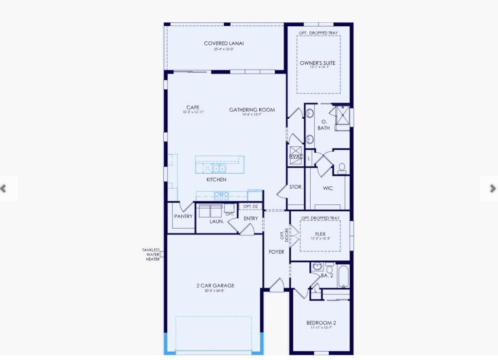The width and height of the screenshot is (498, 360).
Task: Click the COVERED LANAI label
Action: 224,43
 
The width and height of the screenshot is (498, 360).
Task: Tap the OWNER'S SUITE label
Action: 317,63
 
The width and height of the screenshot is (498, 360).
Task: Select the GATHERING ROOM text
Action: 252,110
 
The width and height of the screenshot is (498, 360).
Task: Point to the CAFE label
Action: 193,108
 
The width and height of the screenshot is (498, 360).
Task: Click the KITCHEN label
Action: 216,180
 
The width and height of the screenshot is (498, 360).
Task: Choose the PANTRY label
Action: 183,216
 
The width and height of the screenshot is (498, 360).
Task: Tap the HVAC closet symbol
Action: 296,153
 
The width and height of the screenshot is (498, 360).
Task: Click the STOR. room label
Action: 296,187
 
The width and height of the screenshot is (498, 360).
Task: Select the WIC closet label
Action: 328,188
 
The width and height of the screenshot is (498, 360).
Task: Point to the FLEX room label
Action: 320,234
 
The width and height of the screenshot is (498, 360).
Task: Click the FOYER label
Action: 277,252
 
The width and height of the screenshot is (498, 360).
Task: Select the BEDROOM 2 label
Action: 320,323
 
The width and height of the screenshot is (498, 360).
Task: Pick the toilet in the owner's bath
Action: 342,168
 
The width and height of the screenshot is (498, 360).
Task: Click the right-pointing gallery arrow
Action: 492,188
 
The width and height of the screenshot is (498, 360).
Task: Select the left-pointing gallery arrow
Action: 4,188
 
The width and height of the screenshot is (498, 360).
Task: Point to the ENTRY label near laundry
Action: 251,218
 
